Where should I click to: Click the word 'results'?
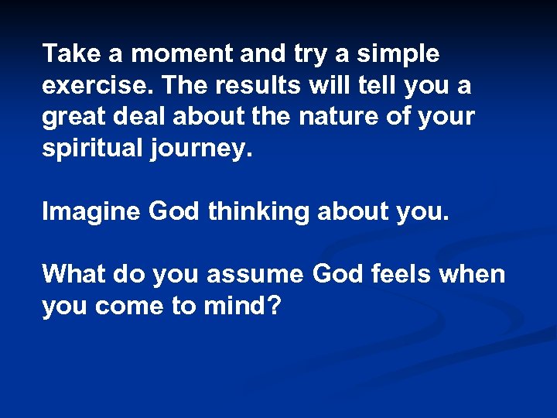pos(253,86)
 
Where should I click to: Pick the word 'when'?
pos(477,273)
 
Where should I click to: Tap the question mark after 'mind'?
pos(273,306)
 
